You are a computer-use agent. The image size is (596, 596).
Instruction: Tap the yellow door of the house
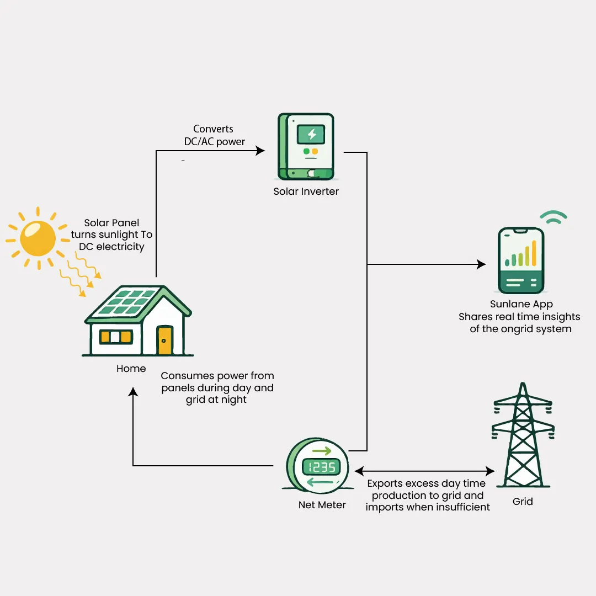click(x=164, y=340)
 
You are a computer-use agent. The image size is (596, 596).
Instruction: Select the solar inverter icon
click(x=306, y=146)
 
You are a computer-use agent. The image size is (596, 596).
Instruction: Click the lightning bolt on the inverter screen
click(x=311, y=134)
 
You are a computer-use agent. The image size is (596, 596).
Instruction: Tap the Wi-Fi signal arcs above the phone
click(x=553, y=217)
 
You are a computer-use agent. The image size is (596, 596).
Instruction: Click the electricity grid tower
click(x=523, y=436)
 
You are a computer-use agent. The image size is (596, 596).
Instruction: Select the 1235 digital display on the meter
click(x=322, y=467)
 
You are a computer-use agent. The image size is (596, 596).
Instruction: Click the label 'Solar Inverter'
click(x=306, y=191)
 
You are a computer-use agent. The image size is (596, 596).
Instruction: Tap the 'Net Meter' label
click(x=322, y=505)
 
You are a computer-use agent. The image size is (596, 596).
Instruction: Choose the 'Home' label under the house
click(x=131, y=369)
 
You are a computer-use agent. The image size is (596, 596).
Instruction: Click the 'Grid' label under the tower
click(x=523, y=502)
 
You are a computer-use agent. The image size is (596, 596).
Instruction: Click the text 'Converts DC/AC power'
click(x=214, y=135)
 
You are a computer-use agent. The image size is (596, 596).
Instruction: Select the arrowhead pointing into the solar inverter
click(x=260, y=151)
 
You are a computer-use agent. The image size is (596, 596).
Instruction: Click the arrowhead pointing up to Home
click(x=133, y=392)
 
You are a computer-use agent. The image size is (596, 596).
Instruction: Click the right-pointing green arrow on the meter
click(x=321, y=451)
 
